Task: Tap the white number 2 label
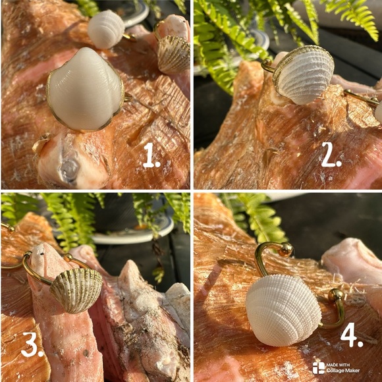point(331,154)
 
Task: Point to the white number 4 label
point(352,335)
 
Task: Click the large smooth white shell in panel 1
point(85,90)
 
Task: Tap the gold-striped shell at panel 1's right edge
point(174,55)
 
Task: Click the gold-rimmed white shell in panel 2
point(304,75)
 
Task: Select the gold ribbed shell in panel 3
point(76,290)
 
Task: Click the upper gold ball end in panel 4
point(286,250)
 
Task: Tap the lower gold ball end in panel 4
point(335,296)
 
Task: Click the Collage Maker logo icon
point(318,368)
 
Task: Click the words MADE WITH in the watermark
point(338,365)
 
